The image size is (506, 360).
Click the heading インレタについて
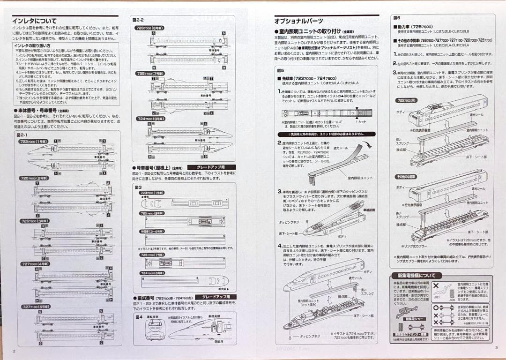35,21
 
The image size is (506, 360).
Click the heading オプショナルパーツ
298,21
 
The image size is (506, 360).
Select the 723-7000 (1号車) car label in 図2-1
34,141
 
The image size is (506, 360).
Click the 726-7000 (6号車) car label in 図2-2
149,28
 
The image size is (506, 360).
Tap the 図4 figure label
139,317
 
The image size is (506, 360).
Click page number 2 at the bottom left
14,350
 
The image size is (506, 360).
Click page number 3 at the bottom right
496,347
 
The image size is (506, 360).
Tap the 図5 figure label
281,70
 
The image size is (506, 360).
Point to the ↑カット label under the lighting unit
361,122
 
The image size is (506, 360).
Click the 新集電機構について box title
417,276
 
